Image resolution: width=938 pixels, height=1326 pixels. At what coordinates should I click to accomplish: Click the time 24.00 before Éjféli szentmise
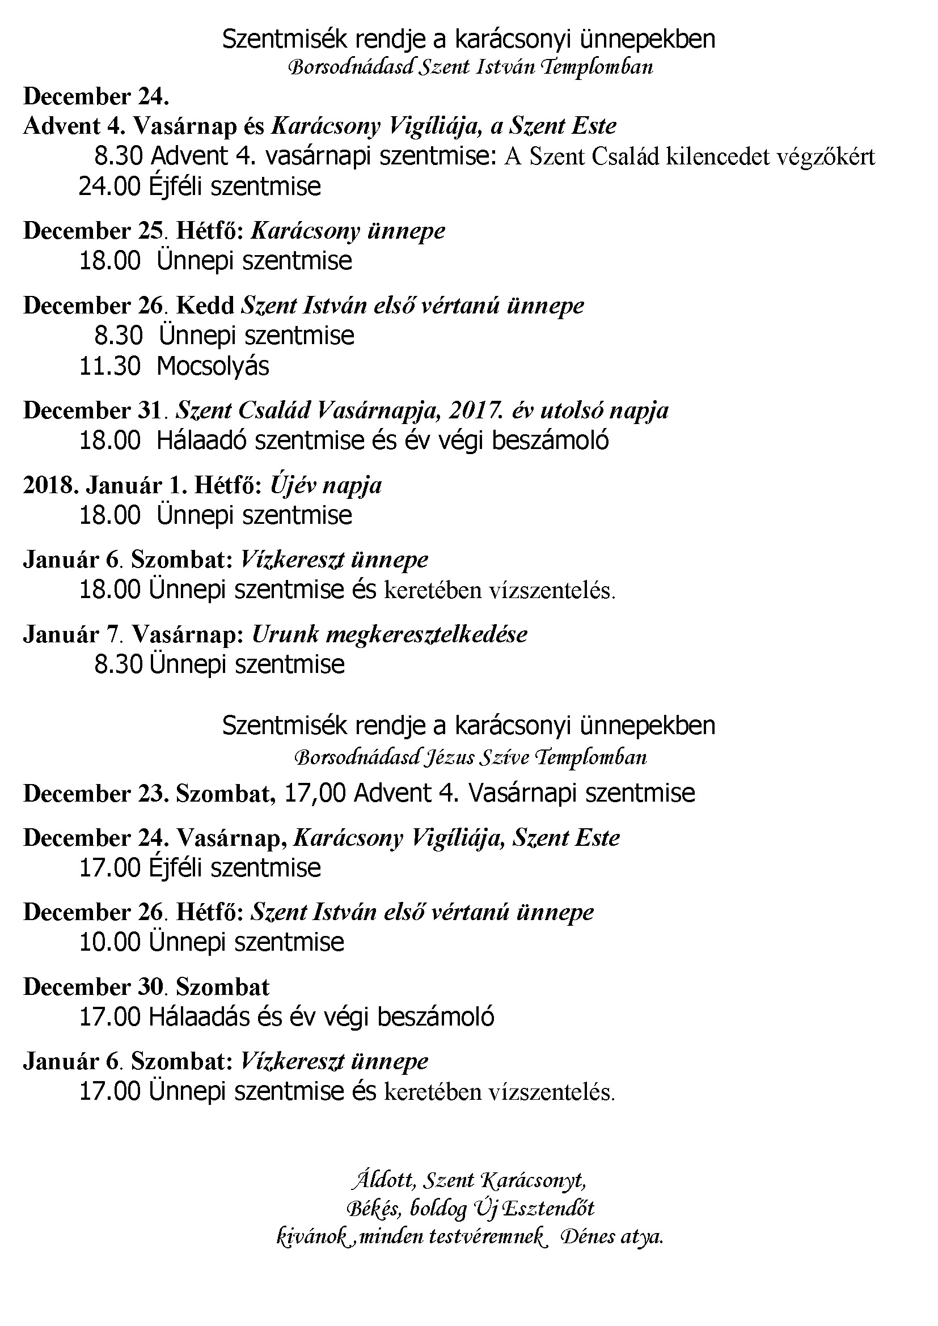[x=110, y=187]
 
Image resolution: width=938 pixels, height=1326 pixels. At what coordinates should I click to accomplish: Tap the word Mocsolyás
[x=213, y=366]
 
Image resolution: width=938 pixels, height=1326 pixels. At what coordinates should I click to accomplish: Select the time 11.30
[x=110, y=366]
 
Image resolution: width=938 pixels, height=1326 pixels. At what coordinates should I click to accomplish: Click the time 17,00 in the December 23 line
[x=315, y=793]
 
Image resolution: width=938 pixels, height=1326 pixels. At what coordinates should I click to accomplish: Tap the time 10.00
[x=110, y=943]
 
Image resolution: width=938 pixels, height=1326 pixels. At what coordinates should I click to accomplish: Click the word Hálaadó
[x=202, y=440]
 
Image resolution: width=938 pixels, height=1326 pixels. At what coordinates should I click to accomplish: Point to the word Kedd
[x=205, y=306]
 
